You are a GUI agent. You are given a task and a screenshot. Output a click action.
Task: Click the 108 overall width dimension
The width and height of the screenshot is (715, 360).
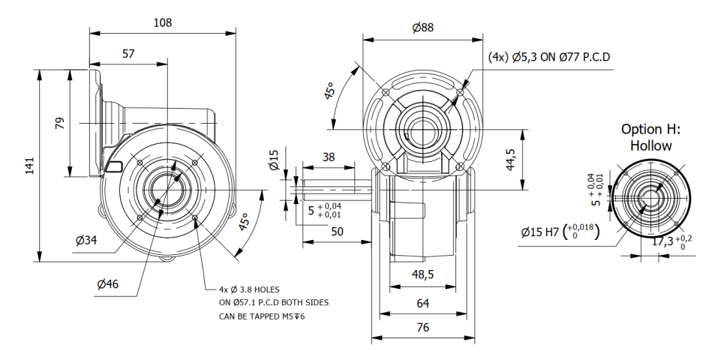[x=162, y=23]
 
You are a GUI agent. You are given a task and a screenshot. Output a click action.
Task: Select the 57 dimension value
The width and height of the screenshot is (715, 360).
[x=128, y=54]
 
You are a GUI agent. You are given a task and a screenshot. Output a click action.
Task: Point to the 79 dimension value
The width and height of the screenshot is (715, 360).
[x=60, y=123]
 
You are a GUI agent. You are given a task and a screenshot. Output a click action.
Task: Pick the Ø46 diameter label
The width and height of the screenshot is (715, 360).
[x=107, y=284]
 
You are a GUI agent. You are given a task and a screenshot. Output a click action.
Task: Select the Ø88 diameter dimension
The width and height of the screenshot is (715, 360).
[x=423, y=28]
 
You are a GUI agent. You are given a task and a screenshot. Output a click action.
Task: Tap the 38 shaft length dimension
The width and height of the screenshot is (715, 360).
[x=328, y=157]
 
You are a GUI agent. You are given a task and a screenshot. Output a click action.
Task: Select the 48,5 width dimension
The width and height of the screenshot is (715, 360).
[x=422, y=275]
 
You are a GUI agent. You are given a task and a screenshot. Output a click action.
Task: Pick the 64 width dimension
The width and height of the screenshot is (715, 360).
[x=422, y=303]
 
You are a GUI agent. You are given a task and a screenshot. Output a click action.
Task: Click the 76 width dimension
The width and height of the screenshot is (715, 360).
[x=422, y=328]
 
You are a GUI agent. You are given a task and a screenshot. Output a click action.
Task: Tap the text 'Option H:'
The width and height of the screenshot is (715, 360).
[x=650, y=129]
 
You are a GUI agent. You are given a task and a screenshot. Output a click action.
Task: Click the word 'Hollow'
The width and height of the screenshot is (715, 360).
[x=650, y=145]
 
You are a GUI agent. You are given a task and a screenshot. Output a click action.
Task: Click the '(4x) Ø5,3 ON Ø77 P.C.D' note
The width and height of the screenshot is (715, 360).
[x=548, y=57]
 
